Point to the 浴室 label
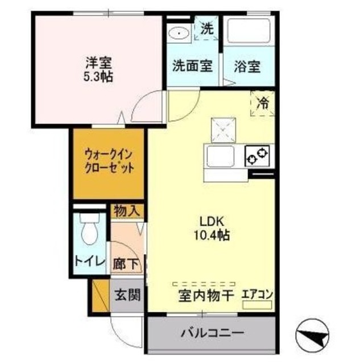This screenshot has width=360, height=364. pyautogui.click(x=247, y=66)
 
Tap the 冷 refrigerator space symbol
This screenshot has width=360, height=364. pyautogui.click(x=263, y=104)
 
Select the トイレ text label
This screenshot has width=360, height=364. pyautogui.click(x=89, y=262)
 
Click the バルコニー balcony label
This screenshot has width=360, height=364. pyautogui.click(x=212, y=332)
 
